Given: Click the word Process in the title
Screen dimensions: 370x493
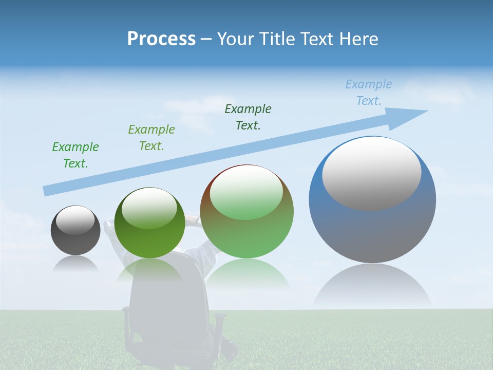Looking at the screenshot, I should (x=161, y=39).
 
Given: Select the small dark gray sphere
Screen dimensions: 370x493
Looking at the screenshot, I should (x=75, y=230).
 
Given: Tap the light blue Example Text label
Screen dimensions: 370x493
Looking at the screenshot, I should (x=369, y=92).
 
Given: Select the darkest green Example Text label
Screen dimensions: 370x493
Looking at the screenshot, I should (x=248, y=117).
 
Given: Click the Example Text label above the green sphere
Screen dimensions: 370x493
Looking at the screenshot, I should (x=151, y=138).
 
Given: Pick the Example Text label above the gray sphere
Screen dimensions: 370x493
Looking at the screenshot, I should (x=75, y=155).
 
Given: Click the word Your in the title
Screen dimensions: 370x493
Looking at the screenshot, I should (x=234, y=39).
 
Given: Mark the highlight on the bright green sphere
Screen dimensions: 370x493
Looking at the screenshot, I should (x=149, y=208).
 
